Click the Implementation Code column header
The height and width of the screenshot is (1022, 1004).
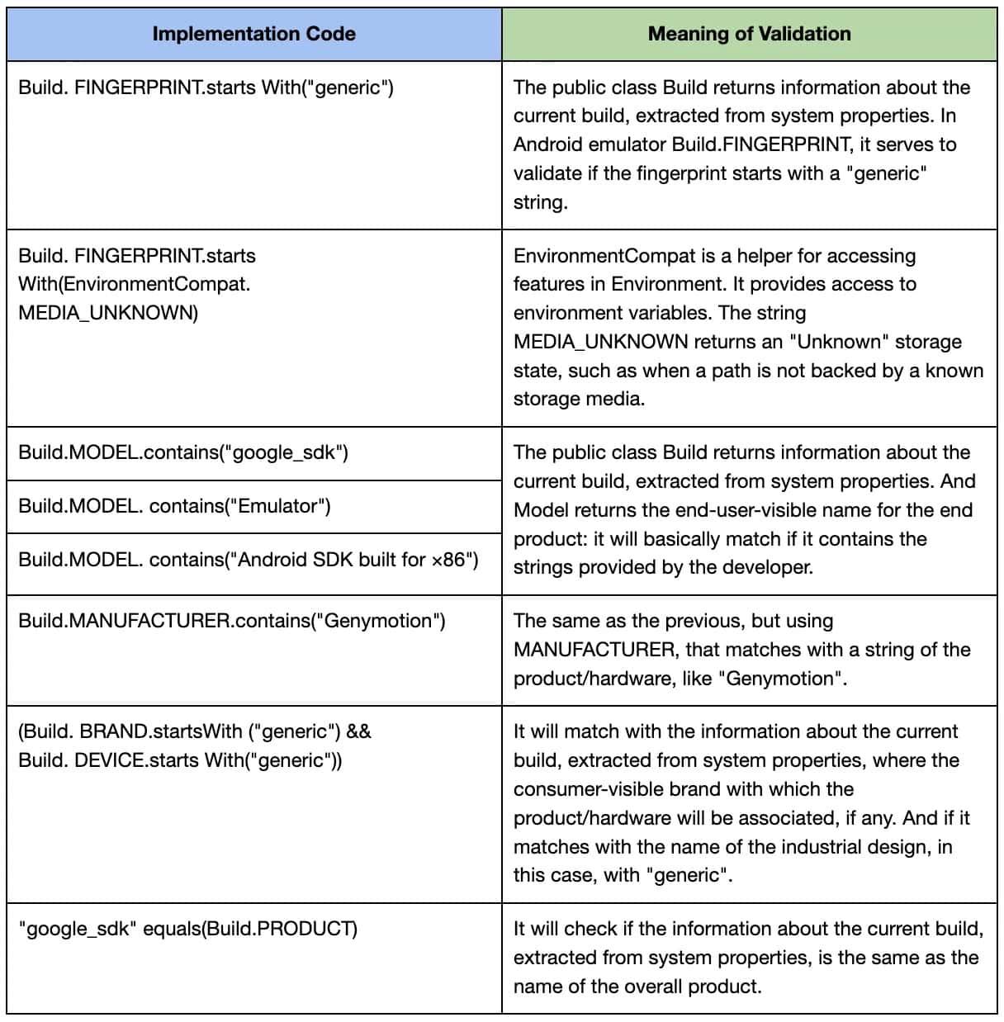[x=253, y=34]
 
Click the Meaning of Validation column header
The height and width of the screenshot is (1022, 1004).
[x=749, y=34]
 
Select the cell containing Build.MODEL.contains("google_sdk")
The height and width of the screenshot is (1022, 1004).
[x=183, y=452]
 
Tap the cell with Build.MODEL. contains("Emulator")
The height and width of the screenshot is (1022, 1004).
[x=174, y=506]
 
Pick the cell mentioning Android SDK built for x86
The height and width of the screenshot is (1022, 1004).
[x=249, y=560]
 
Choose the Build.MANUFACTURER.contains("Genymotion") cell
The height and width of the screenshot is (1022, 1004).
[x=232, y=621]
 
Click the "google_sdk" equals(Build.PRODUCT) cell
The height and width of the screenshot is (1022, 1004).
[x=188, y=929]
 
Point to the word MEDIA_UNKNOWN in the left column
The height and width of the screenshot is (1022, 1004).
[x=107, y=313]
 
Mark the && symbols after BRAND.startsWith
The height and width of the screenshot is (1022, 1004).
[x=359, y=731]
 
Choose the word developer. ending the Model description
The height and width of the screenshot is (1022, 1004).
[x=771, y=568]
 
